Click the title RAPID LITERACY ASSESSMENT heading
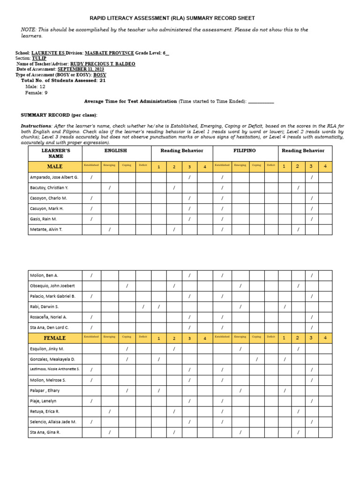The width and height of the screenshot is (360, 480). [x=172, y=18]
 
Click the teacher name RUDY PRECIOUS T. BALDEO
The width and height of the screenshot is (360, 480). [x=102, y=64]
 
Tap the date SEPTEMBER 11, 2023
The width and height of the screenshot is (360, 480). [x=81, y=69]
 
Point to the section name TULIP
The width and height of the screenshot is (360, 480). [x=39, y=58]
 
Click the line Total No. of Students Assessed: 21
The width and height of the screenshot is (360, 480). [x=63, y=80]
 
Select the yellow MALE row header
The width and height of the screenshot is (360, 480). [x=55, y=166]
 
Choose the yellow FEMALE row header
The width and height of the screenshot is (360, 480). [x=55, y=338]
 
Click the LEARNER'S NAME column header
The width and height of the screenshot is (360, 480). [x=55, y=153]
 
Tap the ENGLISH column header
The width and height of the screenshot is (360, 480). [x=116, y=151]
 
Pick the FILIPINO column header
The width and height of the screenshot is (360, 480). [x=245, y=151]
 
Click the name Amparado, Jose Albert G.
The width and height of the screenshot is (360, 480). [x=54, y=178]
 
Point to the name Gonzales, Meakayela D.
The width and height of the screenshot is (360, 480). [x=52, y=359]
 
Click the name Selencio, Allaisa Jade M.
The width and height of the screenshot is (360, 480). [x=53, y=422]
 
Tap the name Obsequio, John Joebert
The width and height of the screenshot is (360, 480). [x=52, y=285]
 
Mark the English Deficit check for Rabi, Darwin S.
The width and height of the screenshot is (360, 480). [x=143, y=307]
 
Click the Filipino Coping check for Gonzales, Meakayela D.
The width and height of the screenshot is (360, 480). [x=256, y=359]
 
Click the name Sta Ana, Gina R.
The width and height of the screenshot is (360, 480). [x=45, y=432]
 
